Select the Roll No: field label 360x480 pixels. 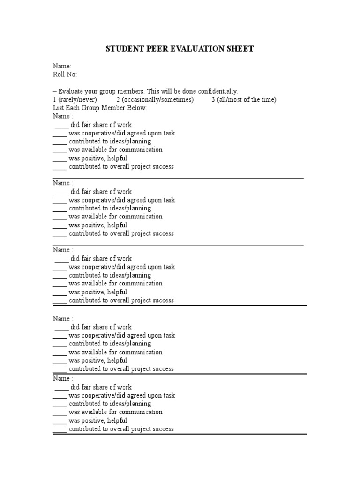click(x=65, y=75)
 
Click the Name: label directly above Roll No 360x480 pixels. click(x=62, y=66)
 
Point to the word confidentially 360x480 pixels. click(x=216, y=91)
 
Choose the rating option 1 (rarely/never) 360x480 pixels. click(x=75, y=100)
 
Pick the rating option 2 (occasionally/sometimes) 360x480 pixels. click(x=155, y=100)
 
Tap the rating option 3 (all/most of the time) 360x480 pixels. click(x=244, y=100)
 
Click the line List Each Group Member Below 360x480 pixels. click(x=100, y=108)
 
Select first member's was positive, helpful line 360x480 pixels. click(x=97, y=158)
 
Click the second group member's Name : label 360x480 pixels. click(x=63, y=183)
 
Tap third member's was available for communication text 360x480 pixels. click(x=115, y=284)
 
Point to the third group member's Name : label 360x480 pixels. click(x=63, y=250)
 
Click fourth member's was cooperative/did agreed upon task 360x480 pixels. click(x=121, y=335)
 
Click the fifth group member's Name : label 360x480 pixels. click(x=63, y=378)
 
